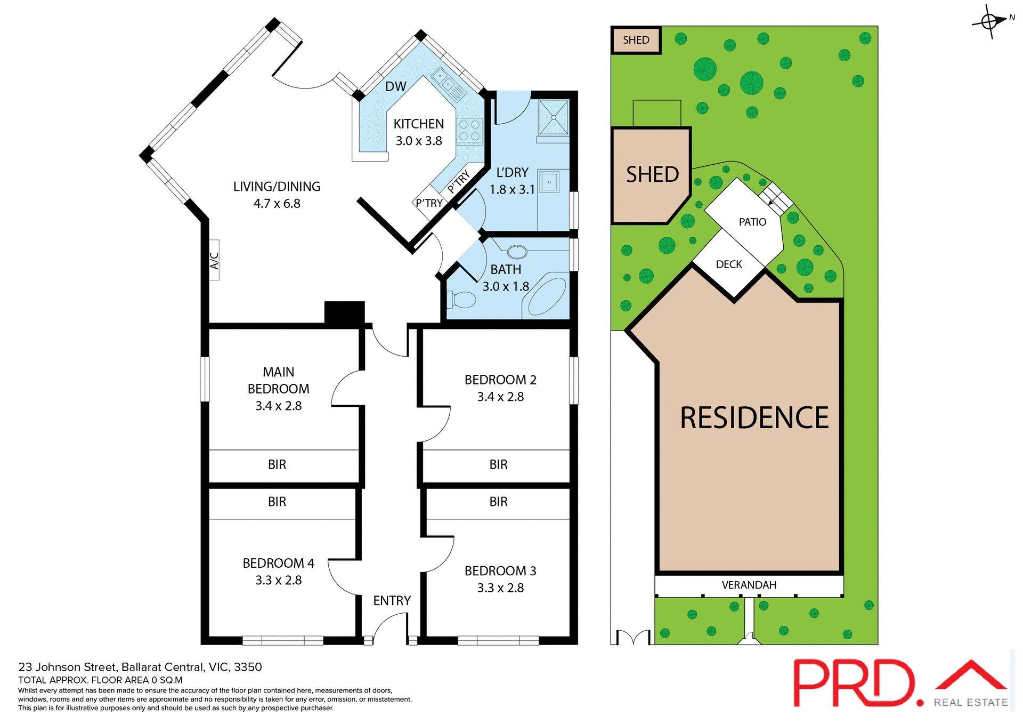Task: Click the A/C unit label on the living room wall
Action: coord(214,261)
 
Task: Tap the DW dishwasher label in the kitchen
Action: coord(395,86)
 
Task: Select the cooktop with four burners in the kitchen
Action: coord(469,131)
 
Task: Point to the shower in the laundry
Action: coord(554,117)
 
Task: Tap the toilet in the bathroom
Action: coord(462,300)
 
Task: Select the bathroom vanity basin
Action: coord(517,252)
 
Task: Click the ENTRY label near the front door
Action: coord(392,601)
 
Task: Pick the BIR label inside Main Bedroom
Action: coord(277,465)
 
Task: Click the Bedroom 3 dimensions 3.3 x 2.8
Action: coord(500,588)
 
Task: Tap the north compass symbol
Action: coord(990,22)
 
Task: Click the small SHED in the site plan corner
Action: coord(636,41)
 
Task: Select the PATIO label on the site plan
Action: coord(752,222)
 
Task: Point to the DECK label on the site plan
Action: coord(729,265)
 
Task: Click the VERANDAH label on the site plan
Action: coord(749,585)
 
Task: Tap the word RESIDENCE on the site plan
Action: coord(754,418)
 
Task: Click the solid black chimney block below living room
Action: coord(344,312)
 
